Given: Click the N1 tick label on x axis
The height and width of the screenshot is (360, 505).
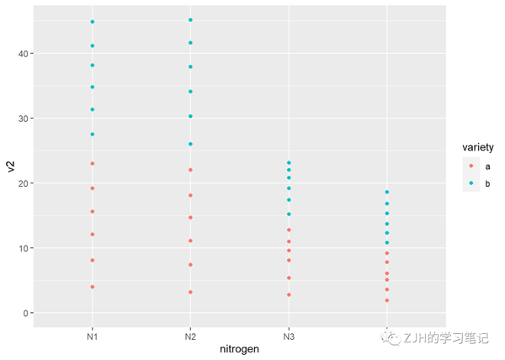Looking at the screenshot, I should click(93, 336).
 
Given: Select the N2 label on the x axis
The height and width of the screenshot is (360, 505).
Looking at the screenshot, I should click(190, 336).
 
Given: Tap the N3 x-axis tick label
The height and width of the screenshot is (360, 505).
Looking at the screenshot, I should click(289, 336).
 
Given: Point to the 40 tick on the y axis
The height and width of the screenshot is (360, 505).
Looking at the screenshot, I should click(24, 54).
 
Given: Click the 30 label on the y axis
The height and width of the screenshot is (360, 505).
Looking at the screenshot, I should click(24, 119).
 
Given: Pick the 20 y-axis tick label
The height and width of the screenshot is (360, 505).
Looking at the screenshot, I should click(24, 183).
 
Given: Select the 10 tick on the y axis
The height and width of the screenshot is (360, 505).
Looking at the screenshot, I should click(24, 248).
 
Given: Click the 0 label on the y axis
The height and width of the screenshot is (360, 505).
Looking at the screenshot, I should click(26, 313).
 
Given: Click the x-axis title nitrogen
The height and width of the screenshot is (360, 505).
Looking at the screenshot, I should click(240, 348).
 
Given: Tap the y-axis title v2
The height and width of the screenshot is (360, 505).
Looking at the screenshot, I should click(10, 166).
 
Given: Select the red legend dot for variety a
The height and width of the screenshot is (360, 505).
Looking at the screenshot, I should click(471, 166).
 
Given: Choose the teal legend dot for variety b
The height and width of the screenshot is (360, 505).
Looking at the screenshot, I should click(471, 183).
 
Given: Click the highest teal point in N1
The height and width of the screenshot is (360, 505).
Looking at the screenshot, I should click(93, 22).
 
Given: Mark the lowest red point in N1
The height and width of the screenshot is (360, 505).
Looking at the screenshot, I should click(93, 287).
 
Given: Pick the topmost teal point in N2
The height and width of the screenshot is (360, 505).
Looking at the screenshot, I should click(190, 20).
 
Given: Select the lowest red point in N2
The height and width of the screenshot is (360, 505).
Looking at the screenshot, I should click(190, 292).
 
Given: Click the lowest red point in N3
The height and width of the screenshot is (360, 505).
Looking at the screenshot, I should click(289, 294).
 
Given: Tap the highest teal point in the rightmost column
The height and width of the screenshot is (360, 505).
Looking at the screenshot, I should click(387, 192).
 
